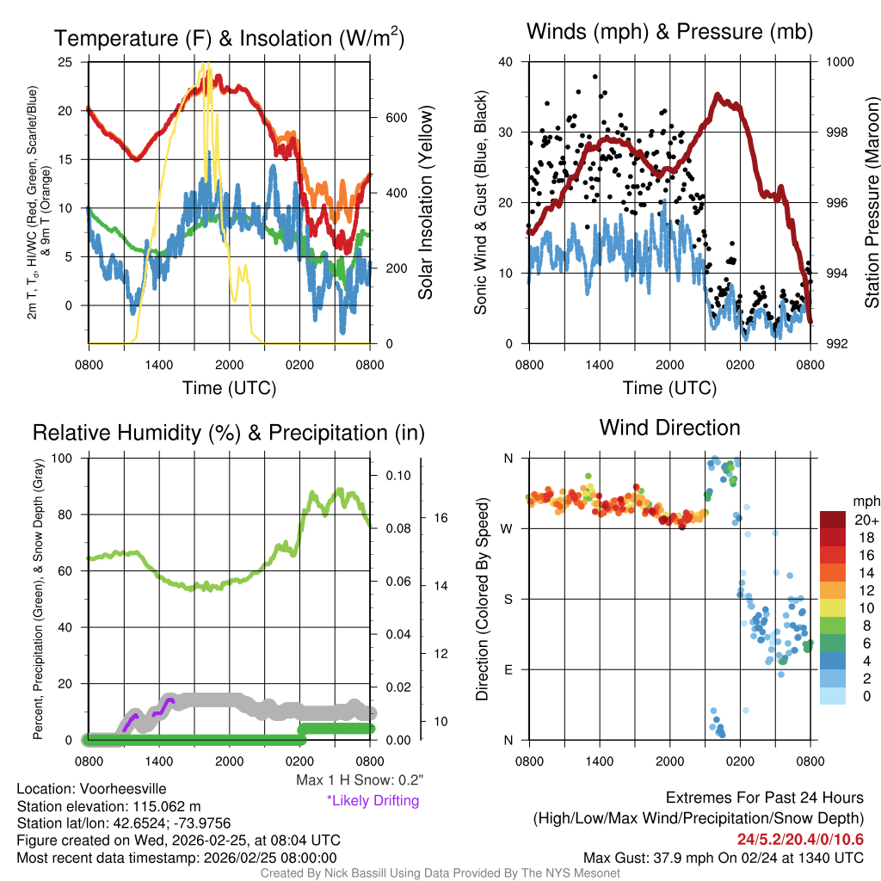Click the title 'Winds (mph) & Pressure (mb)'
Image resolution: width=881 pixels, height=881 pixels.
click(x=669, y=33)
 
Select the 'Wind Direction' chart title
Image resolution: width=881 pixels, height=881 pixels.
click(x=669, y=428)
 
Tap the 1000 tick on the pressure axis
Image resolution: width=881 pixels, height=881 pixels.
click(x=840, y=62)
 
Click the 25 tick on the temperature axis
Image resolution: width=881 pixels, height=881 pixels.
click(x=65, y=62)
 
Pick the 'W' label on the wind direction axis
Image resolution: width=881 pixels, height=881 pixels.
click(x=508, y=528)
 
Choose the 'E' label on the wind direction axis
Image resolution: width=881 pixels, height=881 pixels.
click(x=508, y=669)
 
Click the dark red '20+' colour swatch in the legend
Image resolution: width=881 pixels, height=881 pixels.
click(x=835, y=520)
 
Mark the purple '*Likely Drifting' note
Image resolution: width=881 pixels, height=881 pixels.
click(x=373, y=801)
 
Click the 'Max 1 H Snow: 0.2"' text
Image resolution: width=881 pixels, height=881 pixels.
click(x=359, y=780)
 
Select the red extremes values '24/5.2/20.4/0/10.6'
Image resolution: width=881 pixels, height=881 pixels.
click(x=800, y=839)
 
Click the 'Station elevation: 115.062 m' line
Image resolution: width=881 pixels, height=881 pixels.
click(x=108, y=806)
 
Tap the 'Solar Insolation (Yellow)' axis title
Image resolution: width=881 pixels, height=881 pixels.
click(x=426, y=202)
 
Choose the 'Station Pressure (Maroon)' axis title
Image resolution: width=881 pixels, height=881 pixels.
click(x=872, y=202)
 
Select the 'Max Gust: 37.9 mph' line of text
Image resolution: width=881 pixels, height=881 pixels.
click(x=723, y=857)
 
